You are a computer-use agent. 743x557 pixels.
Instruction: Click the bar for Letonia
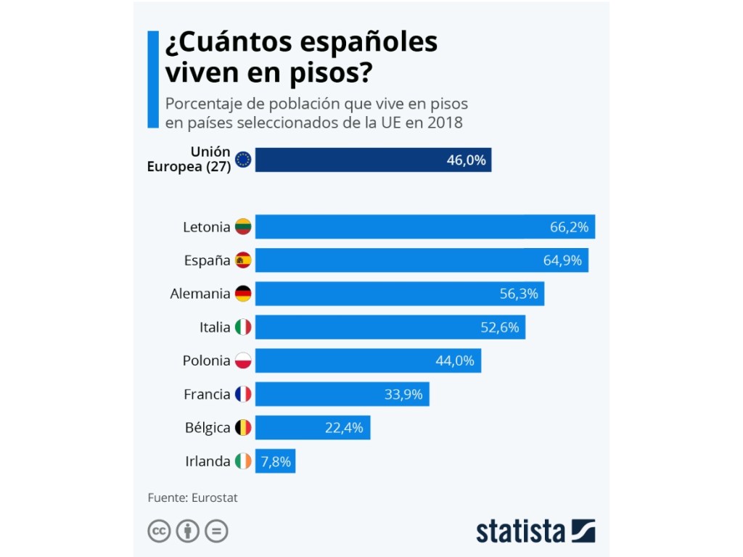[x=424, y=227]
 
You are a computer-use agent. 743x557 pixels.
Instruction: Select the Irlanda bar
[x=275, y=461]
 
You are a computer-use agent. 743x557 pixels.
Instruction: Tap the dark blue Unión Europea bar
[x=373, y=160]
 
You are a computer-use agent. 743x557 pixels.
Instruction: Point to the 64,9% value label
[x=562, y=260]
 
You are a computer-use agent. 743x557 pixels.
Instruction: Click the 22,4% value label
[x=344, y=428]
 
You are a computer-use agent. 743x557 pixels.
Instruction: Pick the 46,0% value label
[x=466, y=160]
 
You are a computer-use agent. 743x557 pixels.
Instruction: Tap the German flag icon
[x=243, y=294]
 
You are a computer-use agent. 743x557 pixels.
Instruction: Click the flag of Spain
[x=243, y=260]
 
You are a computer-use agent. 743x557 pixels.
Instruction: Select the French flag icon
[x=243, y=395]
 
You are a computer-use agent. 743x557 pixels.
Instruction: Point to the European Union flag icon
[x=243, y=160]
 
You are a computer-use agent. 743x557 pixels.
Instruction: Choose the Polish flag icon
[x=243, y=360]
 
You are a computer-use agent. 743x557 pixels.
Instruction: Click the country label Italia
[x=215, y=327]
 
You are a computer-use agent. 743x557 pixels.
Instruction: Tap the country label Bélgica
[x=208, y=428]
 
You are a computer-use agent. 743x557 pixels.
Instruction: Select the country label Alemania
[x=200, y=294]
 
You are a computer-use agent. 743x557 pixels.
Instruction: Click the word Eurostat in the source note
[x=215, y=498]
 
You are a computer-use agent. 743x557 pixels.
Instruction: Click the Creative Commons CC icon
[x=159, y=532]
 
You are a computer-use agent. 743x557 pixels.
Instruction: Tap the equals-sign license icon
[x=216, y=532]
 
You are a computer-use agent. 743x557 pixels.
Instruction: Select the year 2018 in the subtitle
[x=445, y=122]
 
